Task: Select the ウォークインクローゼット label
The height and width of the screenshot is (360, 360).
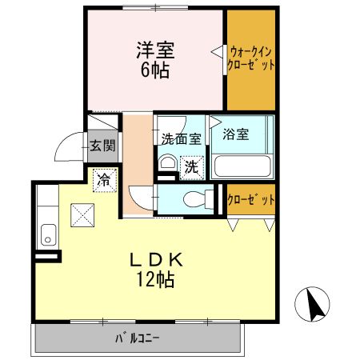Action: coord(251,58)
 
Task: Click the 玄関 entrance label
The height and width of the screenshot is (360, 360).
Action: coord(102,146)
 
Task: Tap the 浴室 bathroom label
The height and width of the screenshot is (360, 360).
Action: coord(237,134)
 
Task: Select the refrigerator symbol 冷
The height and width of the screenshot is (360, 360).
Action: coord(104,180)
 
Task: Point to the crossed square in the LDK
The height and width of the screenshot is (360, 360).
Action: coord(82,214)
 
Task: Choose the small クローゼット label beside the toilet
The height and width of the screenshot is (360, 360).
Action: coord(251,199)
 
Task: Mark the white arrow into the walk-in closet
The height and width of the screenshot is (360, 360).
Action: coord(217,52)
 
